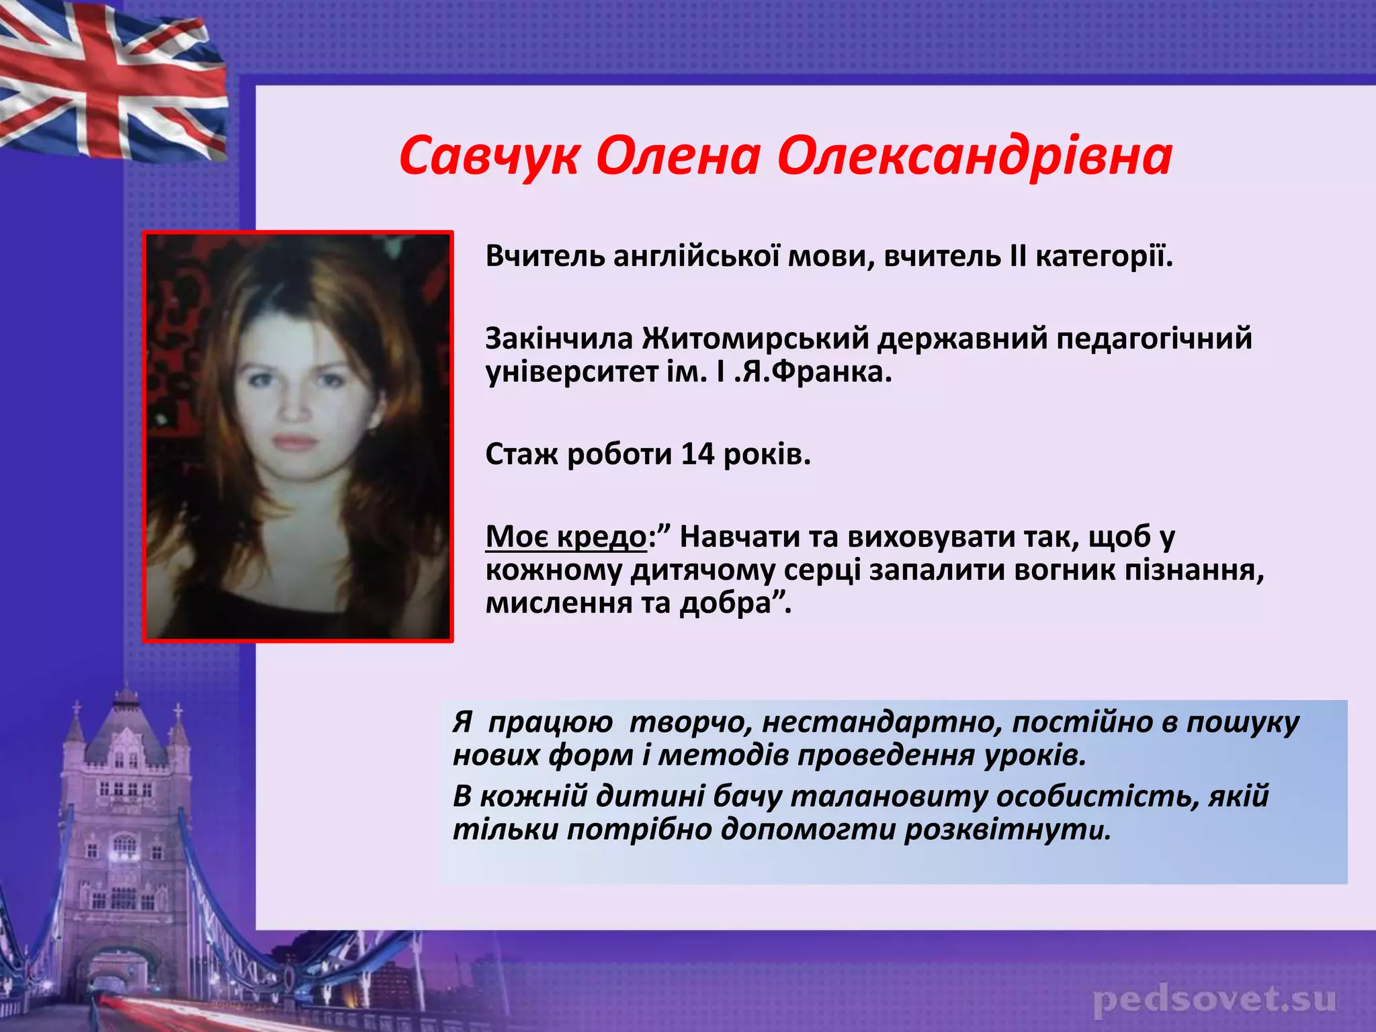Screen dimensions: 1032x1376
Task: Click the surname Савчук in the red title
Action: (x=488, y=157)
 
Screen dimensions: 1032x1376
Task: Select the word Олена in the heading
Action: (x=678, y=157)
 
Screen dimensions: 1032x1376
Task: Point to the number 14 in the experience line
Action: (x=697, y=455)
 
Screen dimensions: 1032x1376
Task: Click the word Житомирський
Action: (x=755, y=338)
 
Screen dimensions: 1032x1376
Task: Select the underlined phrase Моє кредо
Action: (x=566, y=537)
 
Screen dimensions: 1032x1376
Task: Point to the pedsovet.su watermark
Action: (x=1215, y=1000)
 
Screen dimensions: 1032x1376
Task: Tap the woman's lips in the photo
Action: (x=294, y=442)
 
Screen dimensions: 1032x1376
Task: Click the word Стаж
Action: (x=521, y=455)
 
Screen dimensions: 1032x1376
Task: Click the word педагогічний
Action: (x=1154, y=338)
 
